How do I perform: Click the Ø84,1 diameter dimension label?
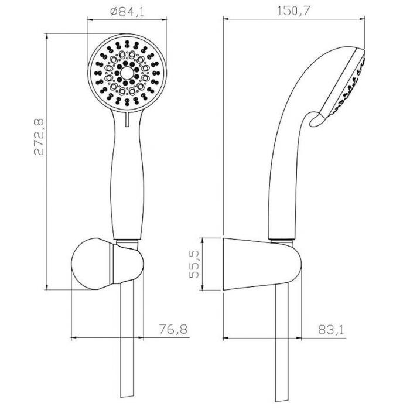pyautogui.click(x=127, y=12)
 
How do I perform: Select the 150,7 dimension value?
pyautogui.click(x=293, y=11)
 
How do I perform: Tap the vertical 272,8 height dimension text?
pyautogui.click(x=39, y=137)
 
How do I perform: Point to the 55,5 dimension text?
pyautogui.click(x=194, y=264)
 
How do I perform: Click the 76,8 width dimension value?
pyautogui.click(x=173, y=329)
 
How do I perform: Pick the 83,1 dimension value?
pyautogui.click(x=332, y=330)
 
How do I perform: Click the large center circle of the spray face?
pyautogui.click(x=127, y=73)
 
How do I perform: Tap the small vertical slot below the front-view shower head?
pyautogui.click(x=127, y=119)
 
